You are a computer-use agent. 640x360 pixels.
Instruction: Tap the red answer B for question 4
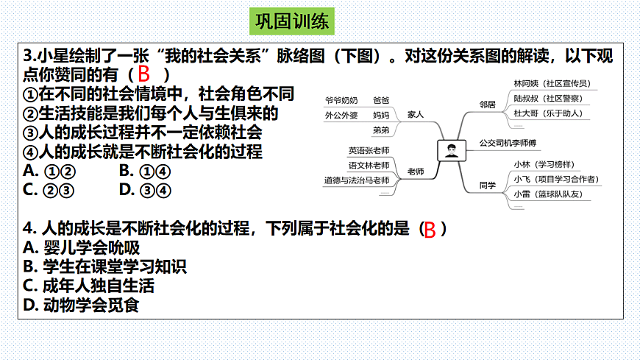point(430,229)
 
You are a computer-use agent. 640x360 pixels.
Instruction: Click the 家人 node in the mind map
point(416,115)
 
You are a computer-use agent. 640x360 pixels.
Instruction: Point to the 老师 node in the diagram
point(416,172)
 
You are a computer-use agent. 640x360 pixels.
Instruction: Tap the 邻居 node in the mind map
point(488,104)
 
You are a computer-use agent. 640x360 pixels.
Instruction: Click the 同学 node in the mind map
point(488,186)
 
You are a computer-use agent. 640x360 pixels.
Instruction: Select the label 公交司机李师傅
point(508,142)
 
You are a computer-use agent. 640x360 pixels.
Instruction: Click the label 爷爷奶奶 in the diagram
point(341,99)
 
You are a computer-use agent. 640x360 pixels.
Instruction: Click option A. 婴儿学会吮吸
point(82,248)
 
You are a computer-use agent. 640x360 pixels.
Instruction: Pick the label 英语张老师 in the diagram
point(369,150)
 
